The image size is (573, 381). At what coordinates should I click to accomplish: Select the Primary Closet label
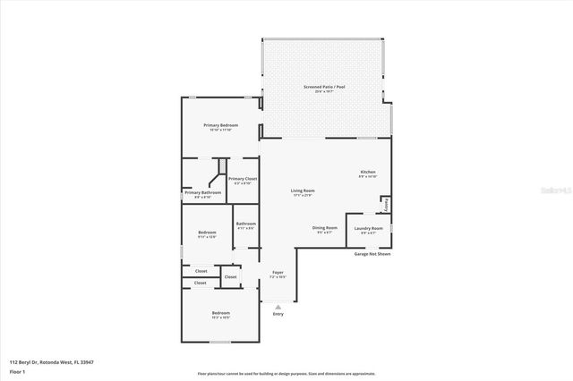243,179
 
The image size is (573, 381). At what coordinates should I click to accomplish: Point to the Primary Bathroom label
203,192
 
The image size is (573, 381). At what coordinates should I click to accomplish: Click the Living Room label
303,190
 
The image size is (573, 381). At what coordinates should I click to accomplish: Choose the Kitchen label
368,172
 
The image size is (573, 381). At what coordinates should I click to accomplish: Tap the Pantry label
386,205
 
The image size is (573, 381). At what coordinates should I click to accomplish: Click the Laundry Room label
368,228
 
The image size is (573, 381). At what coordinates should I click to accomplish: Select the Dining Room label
324,228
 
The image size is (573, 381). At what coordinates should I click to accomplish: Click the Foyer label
278,273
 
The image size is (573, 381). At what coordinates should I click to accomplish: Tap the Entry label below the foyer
278,314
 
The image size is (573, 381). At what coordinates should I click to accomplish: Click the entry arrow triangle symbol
278,307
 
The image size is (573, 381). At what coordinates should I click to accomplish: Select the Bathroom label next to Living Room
245,224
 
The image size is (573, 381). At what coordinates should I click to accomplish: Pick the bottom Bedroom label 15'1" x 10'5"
221,313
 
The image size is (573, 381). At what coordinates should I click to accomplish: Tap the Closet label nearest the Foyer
230,277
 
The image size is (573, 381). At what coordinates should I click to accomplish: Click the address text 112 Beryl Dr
51,362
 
